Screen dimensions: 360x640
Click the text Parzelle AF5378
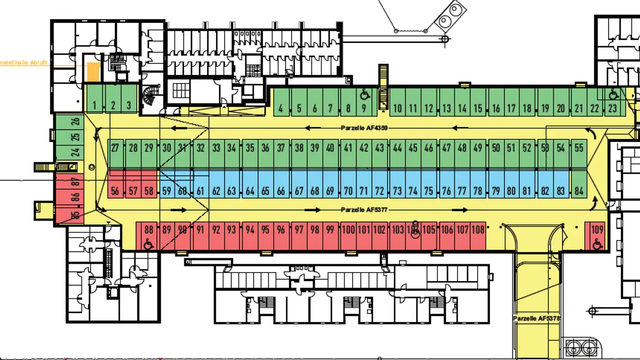pos(536,319)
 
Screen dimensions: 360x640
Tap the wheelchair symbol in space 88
pos(148,243)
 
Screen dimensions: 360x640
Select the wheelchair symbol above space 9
pos(364,94)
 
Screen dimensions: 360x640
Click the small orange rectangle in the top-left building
pos(93,72)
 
